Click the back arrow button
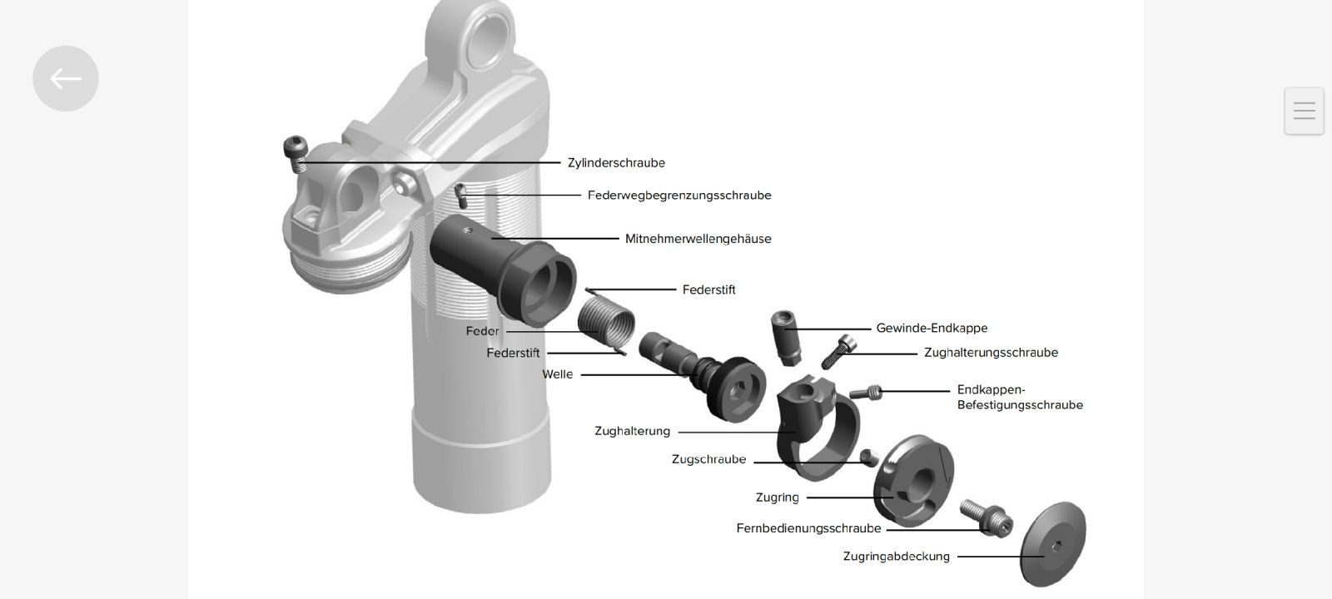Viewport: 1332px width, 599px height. point(65,78)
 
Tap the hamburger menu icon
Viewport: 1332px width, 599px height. point(1304,111)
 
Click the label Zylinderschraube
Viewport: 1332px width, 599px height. point(616,163)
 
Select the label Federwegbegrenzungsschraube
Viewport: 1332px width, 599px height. point(679,196)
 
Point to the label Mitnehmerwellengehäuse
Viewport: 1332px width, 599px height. point(698,239)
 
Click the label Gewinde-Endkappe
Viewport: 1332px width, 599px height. point(932,328)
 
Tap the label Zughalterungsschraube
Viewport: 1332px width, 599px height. point(991,353)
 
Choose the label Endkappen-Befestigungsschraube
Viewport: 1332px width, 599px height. point(1020,398)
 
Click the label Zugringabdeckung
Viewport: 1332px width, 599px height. point(896,557)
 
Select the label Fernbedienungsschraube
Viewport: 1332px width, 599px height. point(808,528)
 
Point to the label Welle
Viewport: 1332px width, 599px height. point(558,374)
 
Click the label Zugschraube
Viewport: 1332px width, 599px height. point(708,459)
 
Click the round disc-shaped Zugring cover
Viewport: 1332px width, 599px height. point(1053,543)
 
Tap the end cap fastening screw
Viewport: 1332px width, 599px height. point(866,391)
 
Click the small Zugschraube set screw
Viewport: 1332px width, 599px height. point(870,456)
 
